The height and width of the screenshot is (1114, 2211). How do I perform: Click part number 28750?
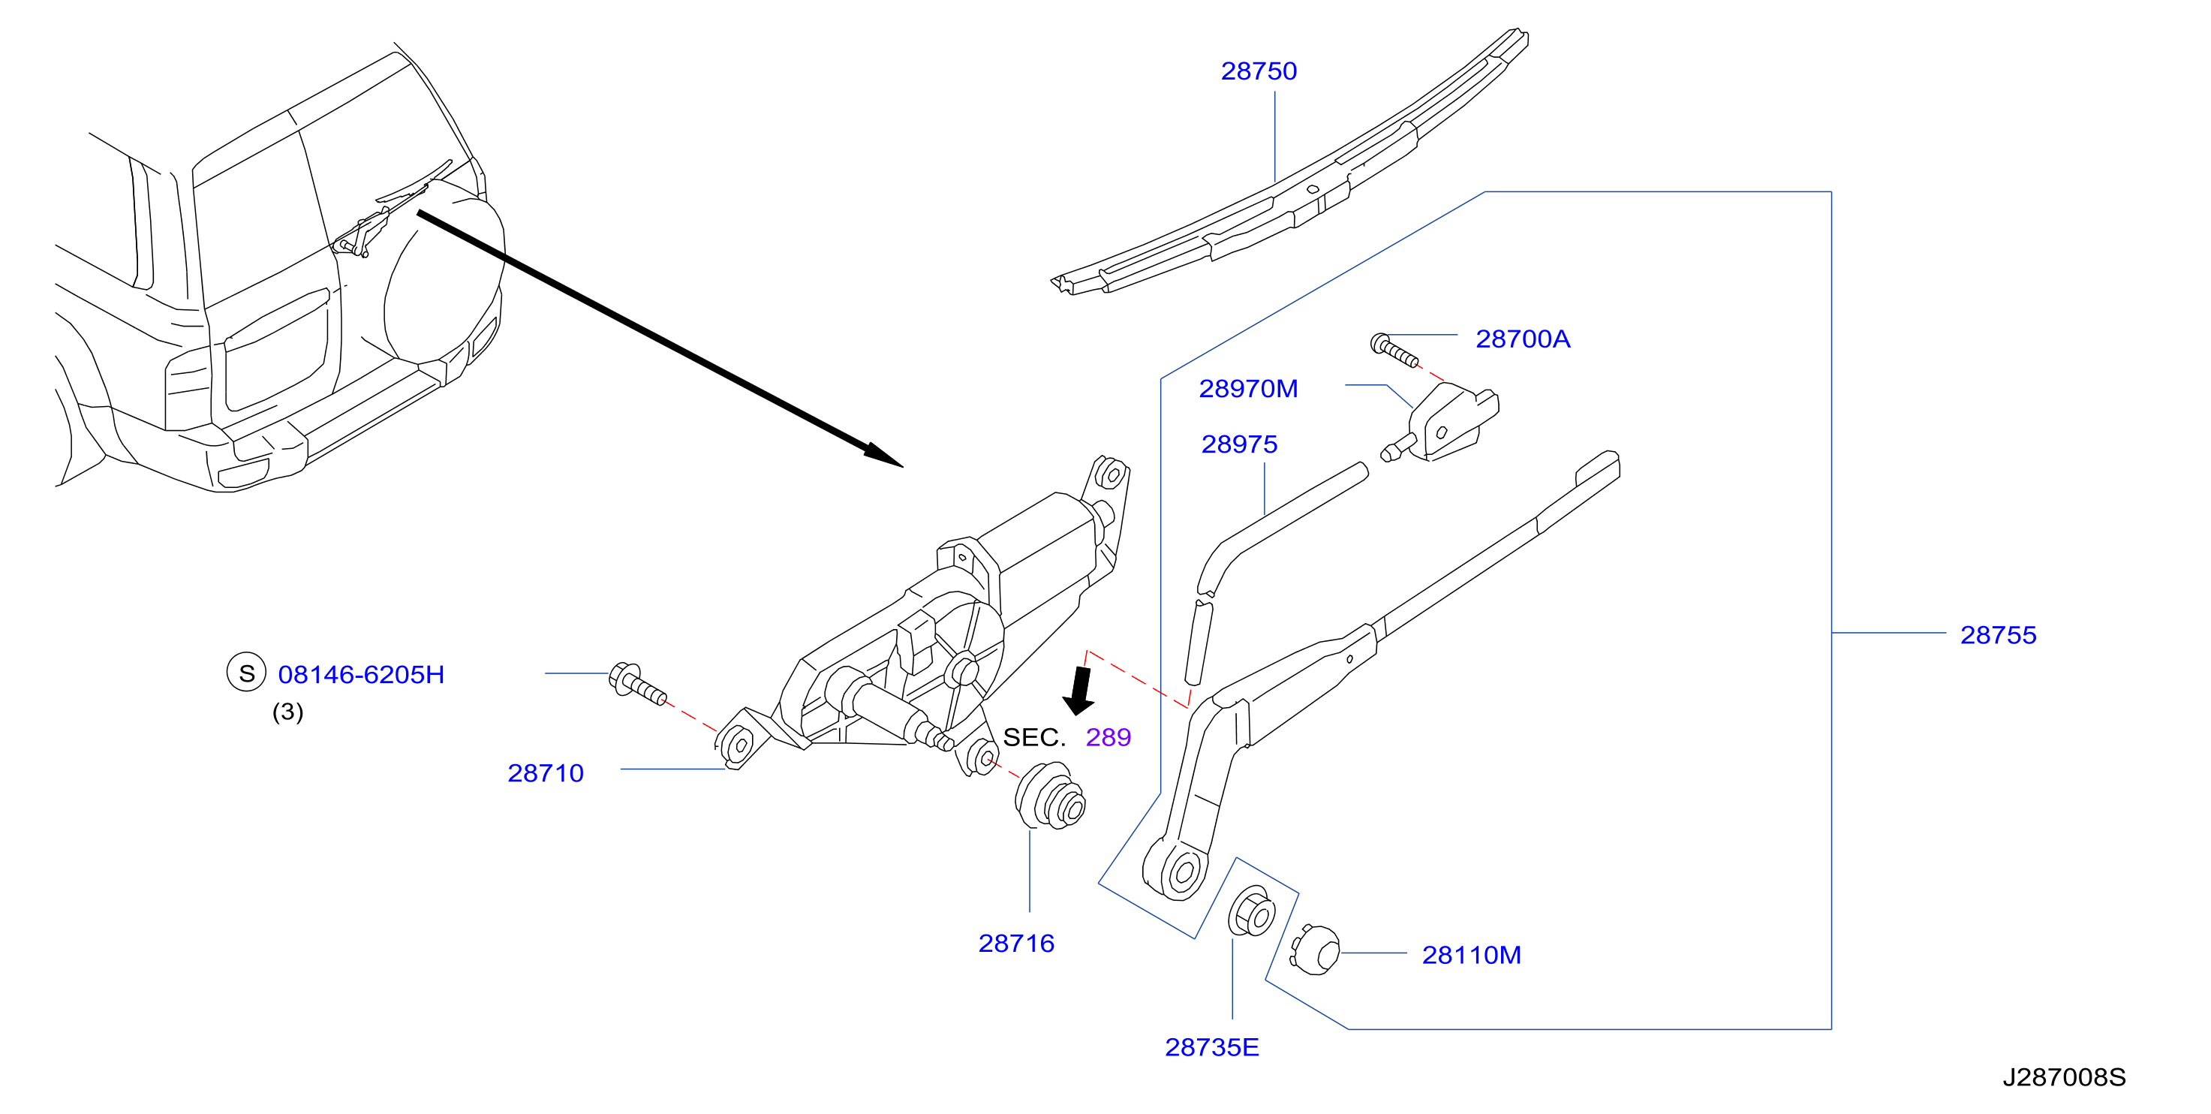pyautogui.click(x=1259, y=71)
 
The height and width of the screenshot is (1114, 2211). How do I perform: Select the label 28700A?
pyautogui.click(x=1523, y=339)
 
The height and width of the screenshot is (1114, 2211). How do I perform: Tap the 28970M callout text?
pyautogui.click(x=1248, y=389)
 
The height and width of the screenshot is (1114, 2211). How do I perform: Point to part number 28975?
pyautogui.click(x=1239, y=444)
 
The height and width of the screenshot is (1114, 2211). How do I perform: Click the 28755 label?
pyautogui.click(x=1998, y=635)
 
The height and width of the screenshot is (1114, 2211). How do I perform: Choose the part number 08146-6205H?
pyautogui.click(x=361, y=675)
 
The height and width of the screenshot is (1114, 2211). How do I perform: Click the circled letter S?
pyautogui.click(x=246, y=673)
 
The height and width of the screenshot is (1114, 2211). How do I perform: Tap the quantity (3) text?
pyautogui.click(x=287, y=712)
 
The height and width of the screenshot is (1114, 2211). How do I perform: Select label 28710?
pyautogui.click(x=546, y=773)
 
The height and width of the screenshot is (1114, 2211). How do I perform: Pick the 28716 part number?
pyautogui.click(x=1016, y=943)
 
